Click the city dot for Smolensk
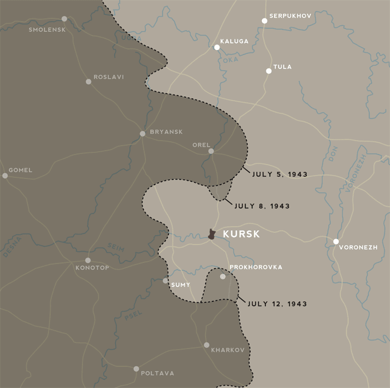tap(64, 19)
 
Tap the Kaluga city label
tap(234, 41)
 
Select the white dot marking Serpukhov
tap(265, 21)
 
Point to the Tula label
tap(282, 67)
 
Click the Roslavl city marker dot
tap(89, 82)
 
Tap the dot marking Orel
tap(211, 151)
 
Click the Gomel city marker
tap(5, 176)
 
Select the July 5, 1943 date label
tap(280, 174)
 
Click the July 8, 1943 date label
tap(262, 206)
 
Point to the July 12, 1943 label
tap(277, 304)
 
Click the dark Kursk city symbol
tap(212, 235)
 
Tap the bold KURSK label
tap(241, 235)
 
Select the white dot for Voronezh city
tap(335, 241)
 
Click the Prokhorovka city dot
tap(223, 276)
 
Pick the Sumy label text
tap(181, 285)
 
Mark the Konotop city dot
tap(87, 260)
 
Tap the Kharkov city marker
tap(206, 345)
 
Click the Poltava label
tap(158, 373)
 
